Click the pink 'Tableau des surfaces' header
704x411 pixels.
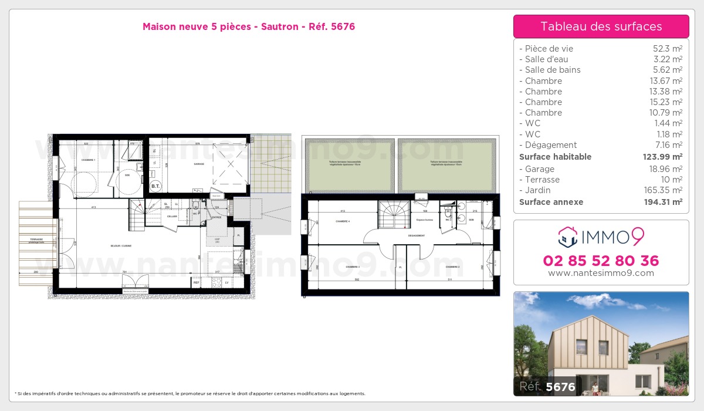point(601,26)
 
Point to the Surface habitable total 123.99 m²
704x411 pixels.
point(662,157)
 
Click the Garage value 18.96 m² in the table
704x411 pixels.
point(665,169)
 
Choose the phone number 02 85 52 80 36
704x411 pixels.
point(601,261)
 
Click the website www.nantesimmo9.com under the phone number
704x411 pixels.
point(601,273)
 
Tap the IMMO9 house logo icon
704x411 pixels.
point(567,237)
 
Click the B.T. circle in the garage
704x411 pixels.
point(155,187)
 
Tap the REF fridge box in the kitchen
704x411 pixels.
point(197,282)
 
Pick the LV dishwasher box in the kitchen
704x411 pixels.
point(226,282)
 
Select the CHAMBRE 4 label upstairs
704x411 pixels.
point(343,221)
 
